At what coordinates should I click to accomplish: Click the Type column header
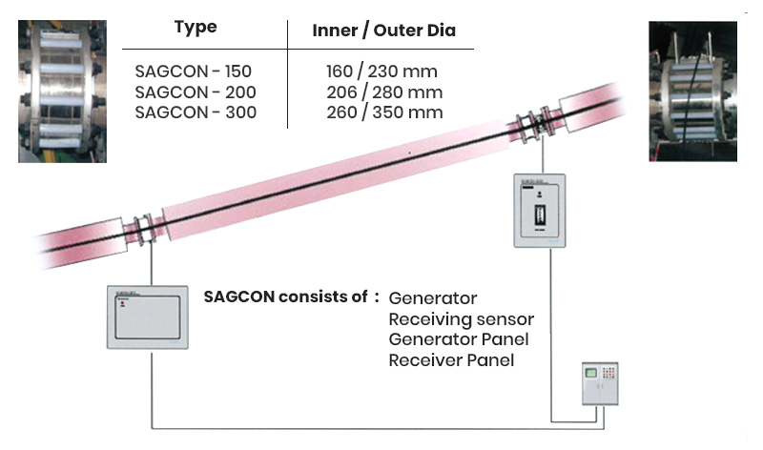click(196, 28)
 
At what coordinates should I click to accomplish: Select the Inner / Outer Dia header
click(383, 31)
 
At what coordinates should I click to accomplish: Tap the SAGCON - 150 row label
click(194, 71)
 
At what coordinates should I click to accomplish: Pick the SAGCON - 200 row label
click(195, 92)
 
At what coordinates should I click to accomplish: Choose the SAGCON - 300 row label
click(195, 112)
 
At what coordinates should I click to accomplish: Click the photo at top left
click(62, 91)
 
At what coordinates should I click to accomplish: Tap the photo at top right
click(693, 91)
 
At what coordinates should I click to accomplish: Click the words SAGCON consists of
click(285, 297)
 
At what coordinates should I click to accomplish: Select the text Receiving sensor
click(461, 319)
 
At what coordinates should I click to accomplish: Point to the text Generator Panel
click(458, 339)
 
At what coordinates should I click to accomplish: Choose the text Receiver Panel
click(451, 360)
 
